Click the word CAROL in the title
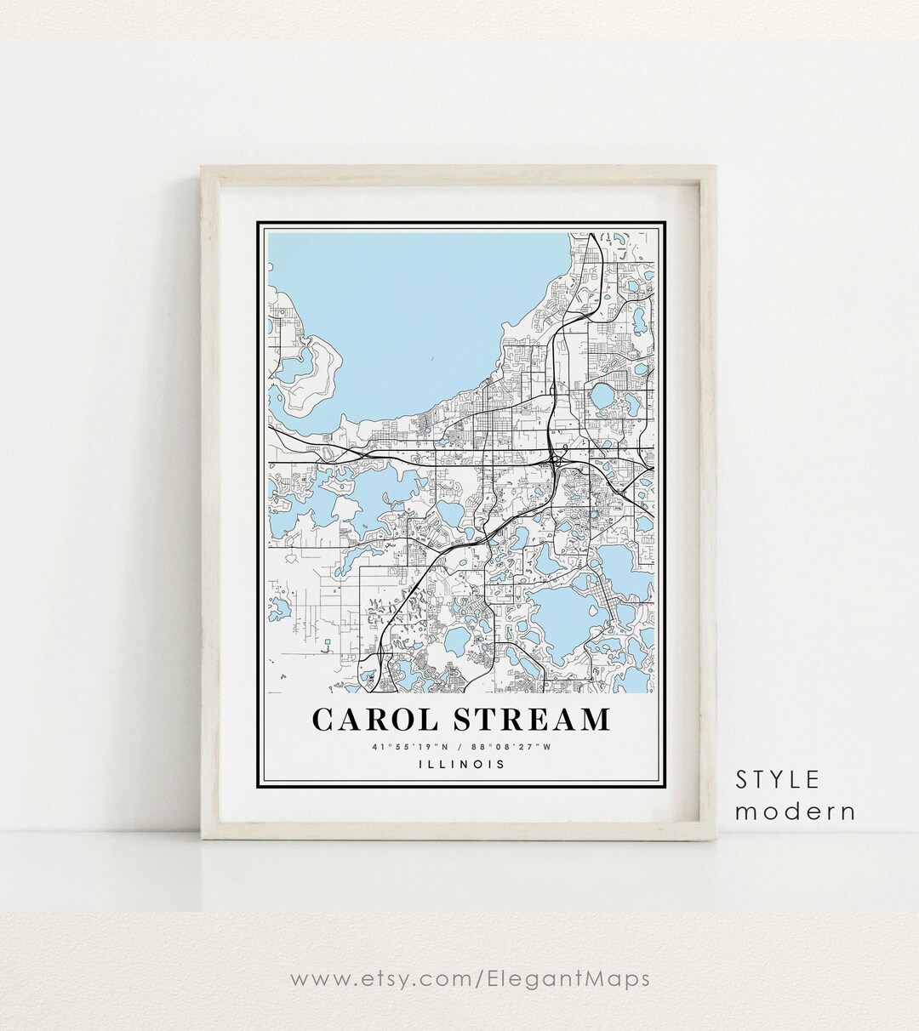point(375,719)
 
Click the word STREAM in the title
point(531,719)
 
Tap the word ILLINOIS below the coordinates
point(462,764)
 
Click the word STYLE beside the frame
point(778,779)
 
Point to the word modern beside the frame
point(796,811)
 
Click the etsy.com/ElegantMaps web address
point(470,978)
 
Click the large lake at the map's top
point(408,315)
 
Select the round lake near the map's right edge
point(603,396)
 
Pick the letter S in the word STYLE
point(743,779)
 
